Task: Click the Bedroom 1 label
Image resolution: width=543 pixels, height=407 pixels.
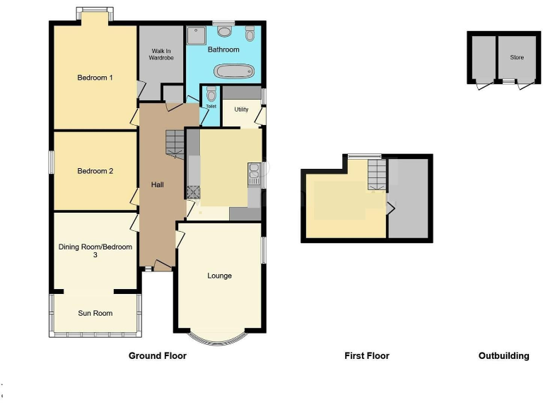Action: pos(95,78)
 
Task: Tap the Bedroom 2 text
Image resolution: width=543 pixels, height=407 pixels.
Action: pos(95,171)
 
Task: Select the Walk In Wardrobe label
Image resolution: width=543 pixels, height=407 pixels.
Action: pos(160,54)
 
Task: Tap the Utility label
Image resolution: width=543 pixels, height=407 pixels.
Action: pos(241,110)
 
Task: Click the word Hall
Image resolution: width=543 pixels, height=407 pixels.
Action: pos(157,184)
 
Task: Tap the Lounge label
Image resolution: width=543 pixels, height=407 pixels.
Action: pos(219,276)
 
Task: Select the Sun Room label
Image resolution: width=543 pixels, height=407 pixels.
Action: pos(95,313)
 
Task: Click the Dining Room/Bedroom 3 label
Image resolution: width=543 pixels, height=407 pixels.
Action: pos(95,251)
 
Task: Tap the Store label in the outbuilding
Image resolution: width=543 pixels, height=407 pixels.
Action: pos(517,57)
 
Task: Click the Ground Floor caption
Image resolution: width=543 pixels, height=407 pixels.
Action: pos(157,356)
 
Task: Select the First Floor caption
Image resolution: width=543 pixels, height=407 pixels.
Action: pos(366,356)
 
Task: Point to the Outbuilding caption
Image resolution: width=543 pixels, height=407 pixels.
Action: pos(503,356)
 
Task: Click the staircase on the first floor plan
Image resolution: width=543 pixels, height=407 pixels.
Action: pos(378,173)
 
